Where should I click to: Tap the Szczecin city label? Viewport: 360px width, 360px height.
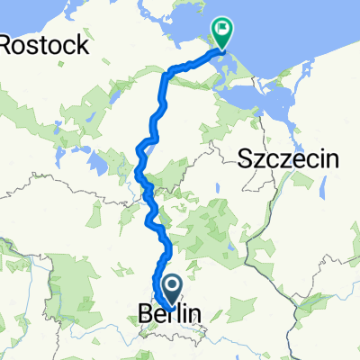click(288, 160)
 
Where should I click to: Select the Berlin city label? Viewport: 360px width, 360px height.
click(170, 314)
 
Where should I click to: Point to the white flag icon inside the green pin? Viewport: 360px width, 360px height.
click(220, 29)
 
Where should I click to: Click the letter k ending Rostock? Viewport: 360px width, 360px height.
click(82, 43)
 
